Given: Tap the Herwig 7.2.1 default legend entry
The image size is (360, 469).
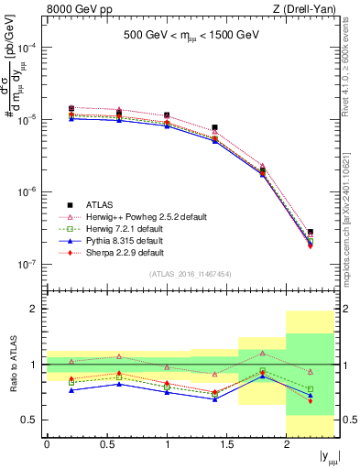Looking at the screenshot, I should (x=132, y=228).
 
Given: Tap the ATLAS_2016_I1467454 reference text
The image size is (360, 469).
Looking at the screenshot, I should (x=190, y=273).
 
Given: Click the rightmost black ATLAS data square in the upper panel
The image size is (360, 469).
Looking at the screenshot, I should (x=311, y=233).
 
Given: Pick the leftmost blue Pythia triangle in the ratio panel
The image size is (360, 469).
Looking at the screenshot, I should (x=71, y=390).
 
